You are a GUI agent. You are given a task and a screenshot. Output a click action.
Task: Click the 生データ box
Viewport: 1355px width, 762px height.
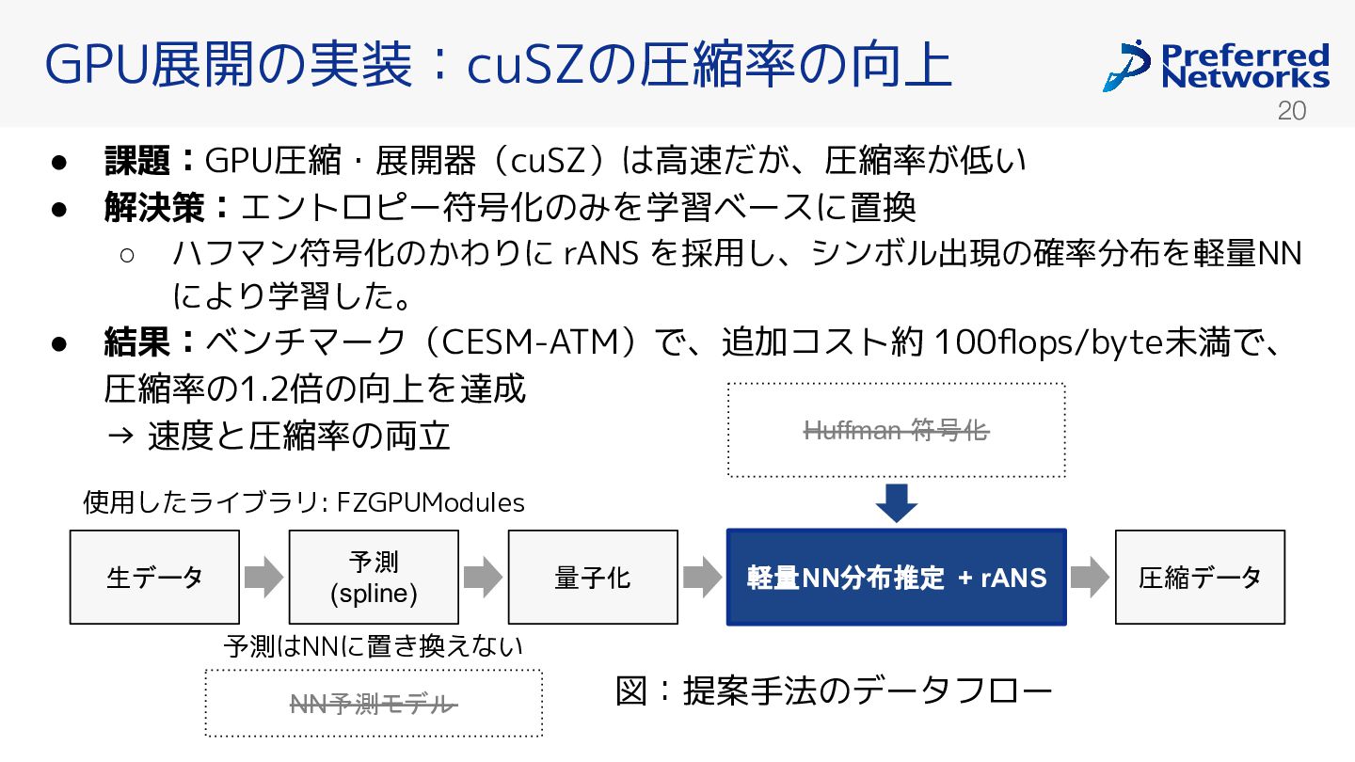(x=154, y=577)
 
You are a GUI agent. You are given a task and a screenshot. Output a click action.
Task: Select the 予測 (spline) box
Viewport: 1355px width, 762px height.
(x=374, y=577)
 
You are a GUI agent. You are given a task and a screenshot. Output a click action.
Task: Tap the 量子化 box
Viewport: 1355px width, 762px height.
(x=593, y=577)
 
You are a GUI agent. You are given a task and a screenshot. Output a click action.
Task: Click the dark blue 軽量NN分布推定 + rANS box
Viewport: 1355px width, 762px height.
(x=897, y=577)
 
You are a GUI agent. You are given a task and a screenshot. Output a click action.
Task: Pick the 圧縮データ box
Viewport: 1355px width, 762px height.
(x=1200, y=577)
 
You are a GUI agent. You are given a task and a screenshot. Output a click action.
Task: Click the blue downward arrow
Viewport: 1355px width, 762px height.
(x=897, y=503)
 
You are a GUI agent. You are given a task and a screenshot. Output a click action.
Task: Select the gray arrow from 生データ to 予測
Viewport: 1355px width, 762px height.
(x=264, y=577)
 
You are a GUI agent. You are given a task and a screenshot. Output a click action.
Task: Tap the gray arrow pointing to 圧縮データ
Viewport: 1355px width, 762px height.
(x=1090, y=577)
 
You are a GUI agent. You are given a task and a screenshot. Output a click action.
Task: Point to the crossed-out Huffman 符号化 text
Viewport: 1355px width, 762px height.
(x=897, y=431)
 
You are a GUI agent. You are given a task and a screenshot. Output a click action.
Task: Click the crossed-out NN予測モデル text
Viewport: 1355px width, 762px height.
(x=374, y=704)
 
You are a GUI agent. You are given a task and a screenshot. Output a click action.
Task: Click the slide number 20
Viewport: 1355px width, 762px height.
(x=1291, y=111)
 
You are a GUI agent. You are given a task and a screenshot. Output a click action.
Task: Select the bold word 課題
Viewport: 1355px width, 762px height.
(x=137, y=161)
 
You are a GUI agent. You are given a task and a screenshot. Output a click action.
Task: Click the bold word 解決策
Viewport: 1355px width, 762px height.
(x=155, y=207)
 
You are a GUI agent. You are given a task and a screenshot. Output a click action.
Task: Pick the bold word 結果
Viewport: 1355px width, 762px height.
(x=137, y=341)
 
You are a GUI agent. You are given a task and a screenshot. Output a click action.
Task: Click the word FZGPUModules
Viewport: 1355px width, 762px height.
(x=431, y=502)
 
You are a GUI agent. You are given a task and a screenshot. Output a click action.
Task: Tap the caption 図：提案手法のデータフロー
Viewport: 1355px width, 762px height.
(x=834, y=691)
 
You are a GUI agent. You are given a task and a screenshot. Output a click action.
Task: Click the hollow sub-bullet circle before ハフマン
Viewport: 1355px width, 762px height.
(x=127, y=255)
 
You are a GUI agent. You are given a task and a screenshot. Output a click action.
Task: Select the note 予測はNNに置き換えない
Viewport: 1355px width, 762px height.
(x=374, y=646)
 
